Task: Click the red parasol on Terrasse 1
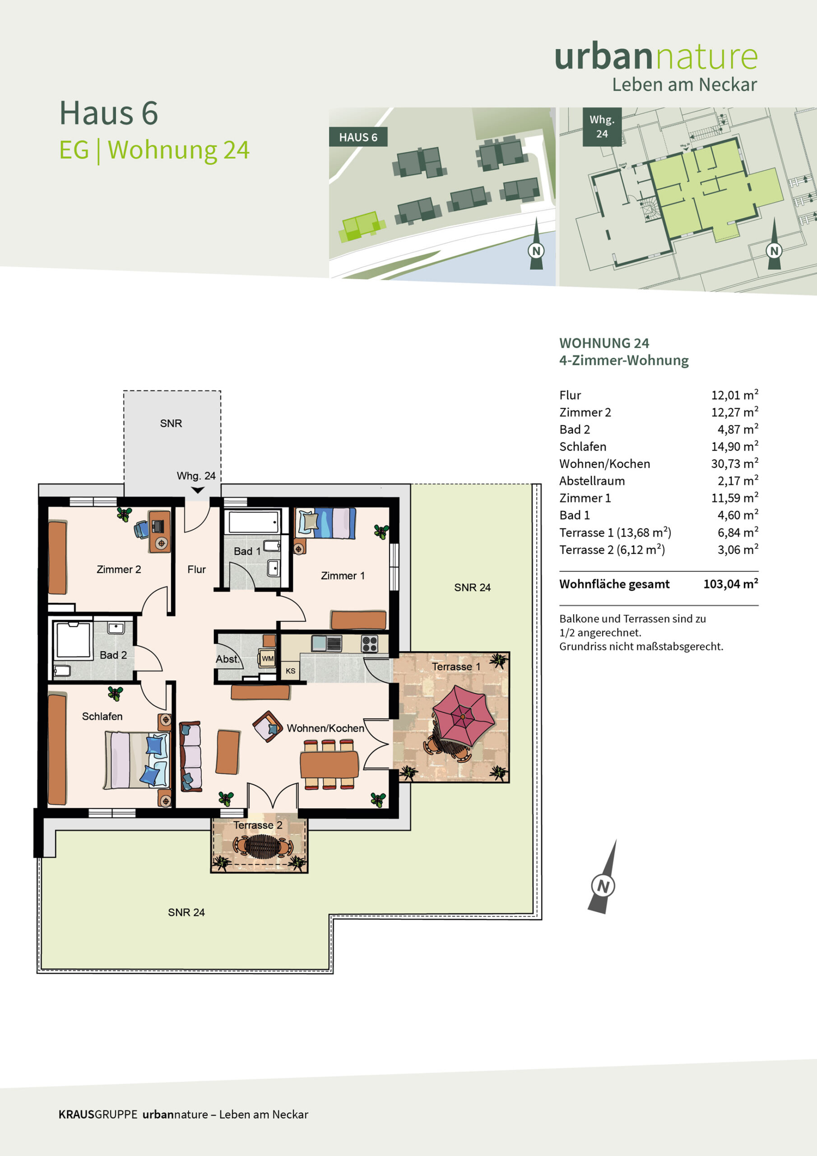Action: (x=464, y=716)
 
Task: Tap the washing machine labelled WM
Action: (x=267, y=658)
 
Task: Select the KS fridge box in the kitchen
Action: (x=290, y=671)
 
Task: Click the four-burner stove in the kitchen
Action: (x=370, y=644)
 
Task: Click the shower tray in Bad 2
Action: (x=74, y=640)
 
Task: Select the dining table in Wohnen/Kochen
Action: (x=329, y=763)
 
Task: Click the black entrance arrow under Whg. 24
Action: (x=198, y=490)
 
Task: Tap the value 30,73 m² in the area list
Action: (x=734, y=463)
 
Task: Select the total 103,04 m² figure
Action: (x=730, y=583)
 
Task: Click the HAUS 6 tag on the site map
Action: (x=358, y=137)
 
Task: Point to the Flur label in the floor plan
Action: (x=196, y=569)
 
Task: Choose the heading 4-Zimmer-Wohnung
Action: (x=624, y=360)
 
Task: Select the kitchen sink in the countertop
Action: (x=327, y=643)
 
